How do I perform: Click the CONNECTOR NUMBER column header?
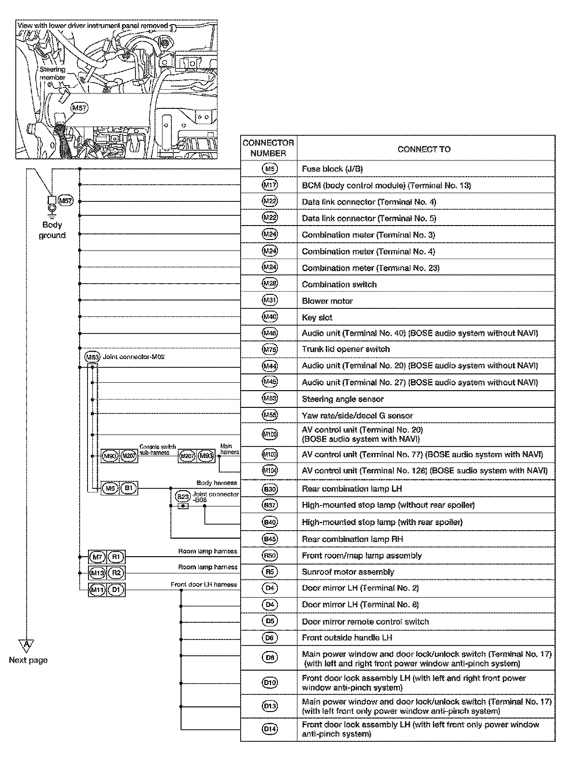pyautogui.click(x=268, y=148)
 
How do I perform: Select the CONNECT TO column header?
pyautogui.click(x=424, y=149)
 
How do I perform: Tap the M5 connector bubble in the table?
pyautogui.click(x=270, y=169)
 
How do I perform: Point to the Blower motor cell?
pyautogui.click(x=327, y=301)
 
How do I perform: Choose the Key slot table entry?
pyautogui.click(x=317, y=318)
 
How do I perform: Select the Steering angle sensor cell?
pyautogui.click(x=343, y=399)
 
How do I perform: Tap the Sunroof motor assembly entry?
pyautogui.click(x=348, y=572)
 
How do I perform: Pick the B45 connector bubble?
pyautogui.click(x=270, y=539)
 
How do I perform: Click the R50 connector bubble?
pyautogui.click(x=270, y=555)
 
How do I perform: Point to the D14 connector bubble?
pyautogui.click(x=270, y=729)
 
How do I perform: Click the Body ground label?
pyautogui.click(x=52, y=230)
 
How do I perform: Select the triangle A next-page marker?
pyautogui.click(x=27, y=645)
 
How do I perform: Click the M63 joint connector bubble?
pyautogui.click(x=92, y=357)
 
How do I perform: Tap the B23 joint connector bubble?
pyautogui.click(x=183, y=497)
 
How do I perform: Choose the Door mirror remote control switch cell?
pyautogui.click(x=365, y=622)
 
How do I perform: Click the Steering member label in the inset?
pyautogui.click(x=52, y=73)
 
